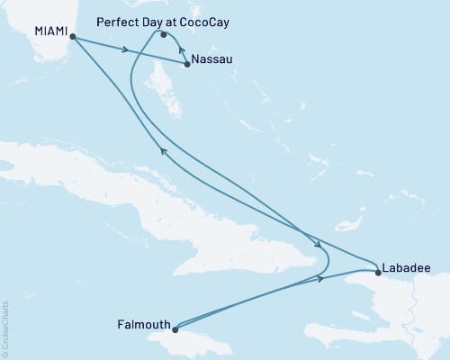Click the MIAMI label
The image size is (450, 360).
coord(51,30)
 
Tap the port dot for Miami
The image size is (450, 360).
coord(72,38)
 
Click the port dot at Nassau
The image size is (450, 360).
coord(186,64)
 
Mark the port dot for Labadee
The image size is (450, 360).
coord(376,270)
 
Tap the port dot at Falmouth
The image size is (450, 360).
coord(177,328)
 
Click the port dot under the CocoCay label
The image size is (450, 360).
coord(164,35)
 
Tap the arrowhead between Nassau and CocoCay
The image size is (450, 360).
coord(181,49)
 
